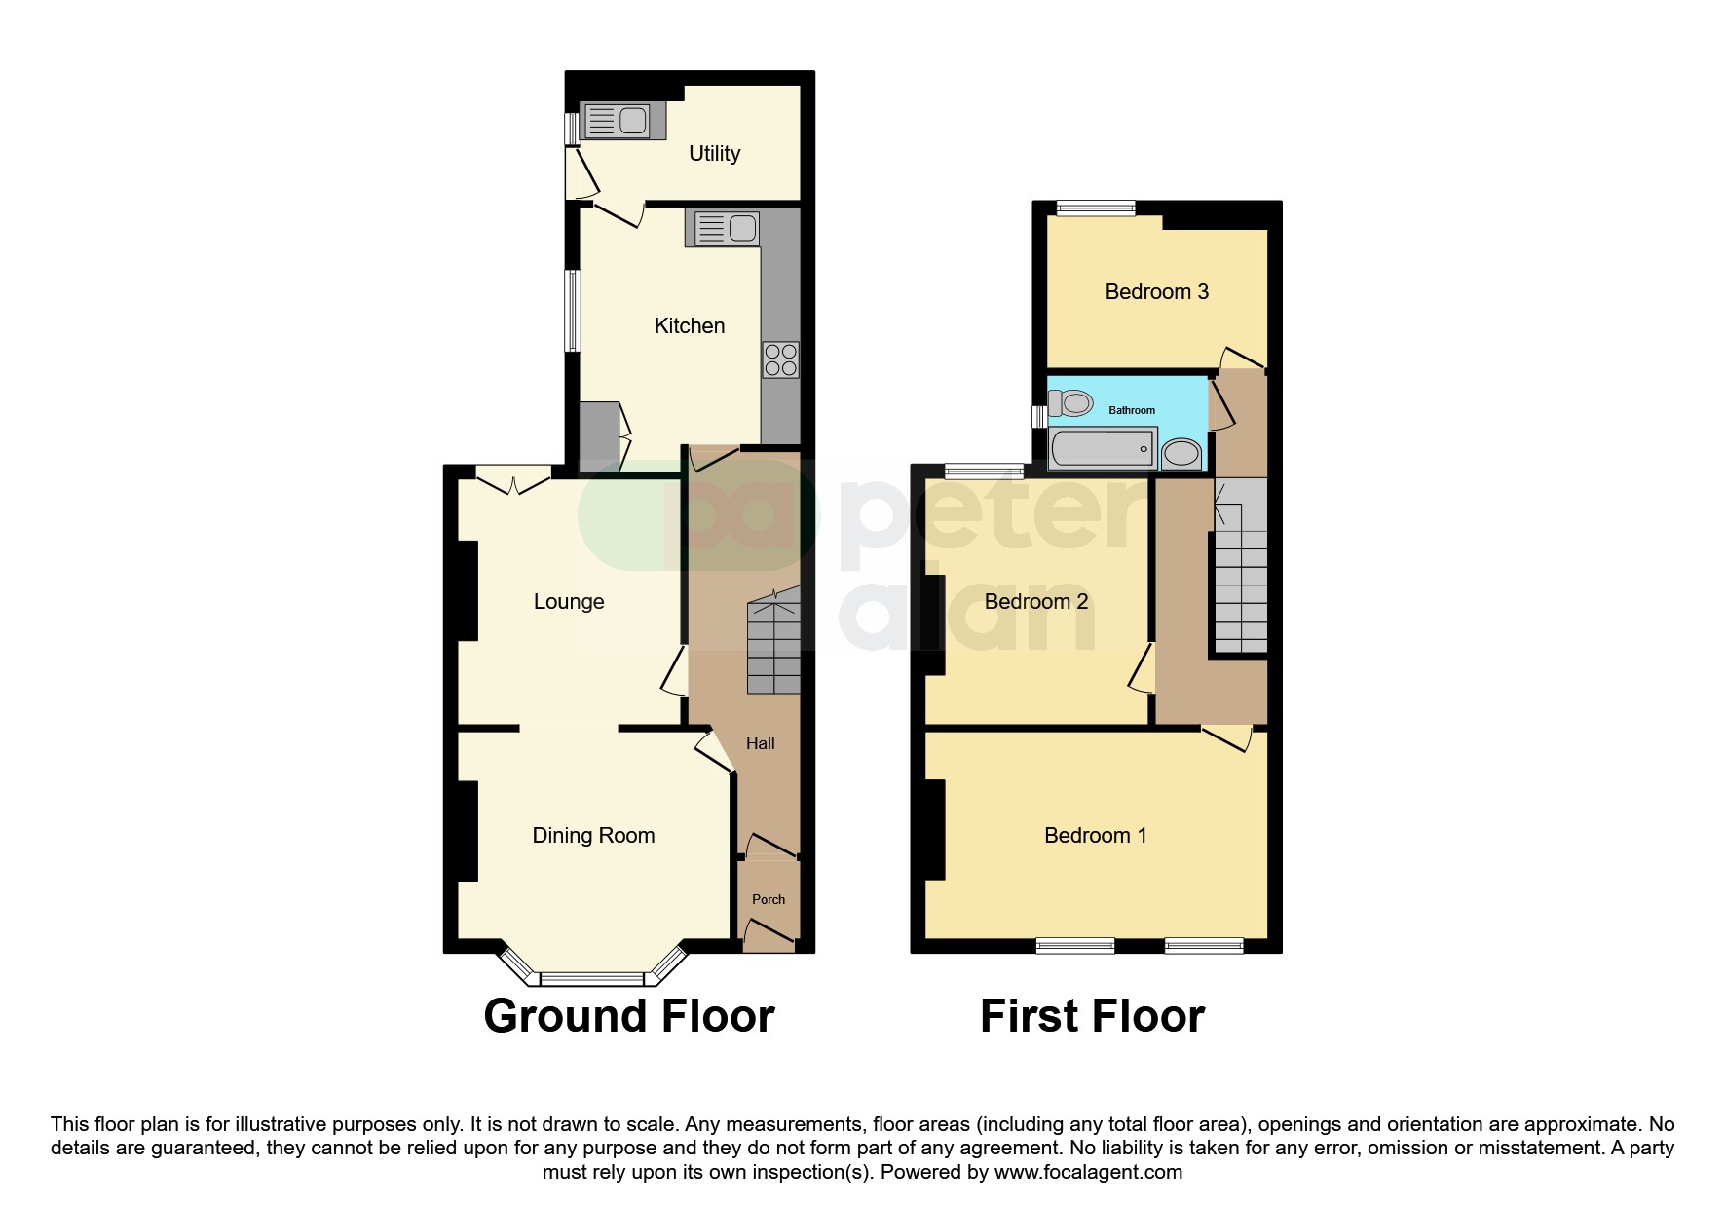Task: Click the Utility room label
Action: (714, 153)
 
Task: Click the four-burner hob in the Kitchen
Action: (781, 359)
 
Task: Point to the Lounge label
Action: (569, 602)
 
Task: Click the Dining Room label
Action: (593, 836)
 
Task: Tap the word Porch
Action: (769, 899)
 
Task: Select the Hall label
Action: (760, 743)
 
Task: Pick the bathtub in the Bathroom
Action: (1104, 451)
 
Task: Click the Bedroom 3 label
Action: (1156, 291)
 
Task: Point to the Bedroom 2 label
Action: (1035, 602)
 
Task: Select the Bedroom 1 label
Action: (1095, 836)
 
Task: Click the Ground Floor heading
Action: (628, 1016)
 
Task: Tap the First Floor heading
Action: (1092, 1016)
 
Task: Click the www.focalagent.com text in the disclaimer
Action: (1088, 1172)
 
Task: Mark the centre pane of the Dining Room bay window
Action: (592, 978)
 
